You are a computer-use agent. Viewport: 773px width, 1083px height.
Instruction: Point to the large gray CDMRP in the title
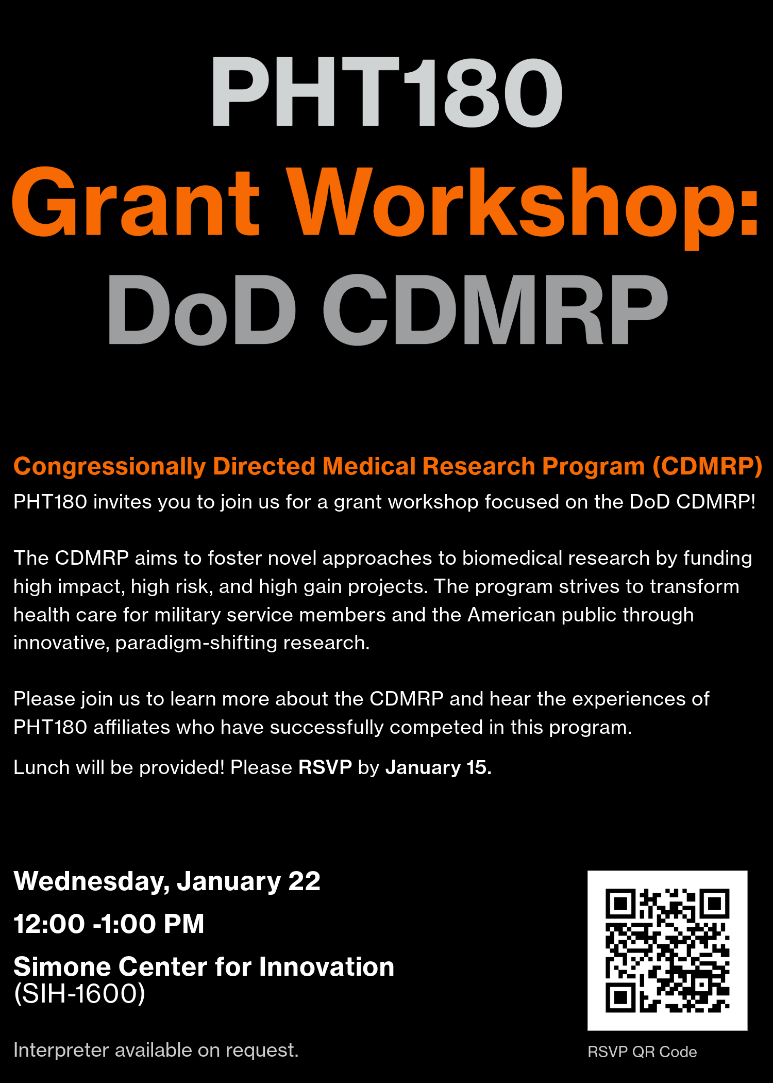pos(495,309)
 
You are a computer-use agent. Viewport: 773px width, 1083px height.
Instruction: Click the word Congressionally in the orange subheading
pos(110,467)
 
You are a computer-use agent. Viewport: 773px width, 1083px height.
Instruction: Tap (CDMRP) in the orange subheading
pos(708,466)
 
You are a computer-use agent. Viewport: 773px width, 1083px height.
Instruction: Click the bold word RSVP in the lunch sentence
pos(325,767)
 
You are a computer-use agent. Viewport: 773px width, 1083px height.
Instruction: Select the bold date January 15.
pos(439,768)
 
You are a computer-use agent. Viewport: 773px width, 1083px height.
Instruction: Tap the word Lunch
pos(41,767)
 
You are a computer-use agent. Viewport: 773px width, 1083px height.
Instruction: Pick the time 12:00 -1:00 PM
pos(109,924)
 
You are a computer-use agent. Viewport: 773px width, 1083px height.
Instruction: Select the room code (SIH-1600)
pos(79,994)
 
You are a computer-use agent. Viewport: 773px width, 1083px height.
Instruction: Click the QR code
pos(667,950)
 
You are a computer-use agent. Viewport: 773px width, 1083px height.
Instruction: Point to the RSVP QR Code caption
pos(642,1052)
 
